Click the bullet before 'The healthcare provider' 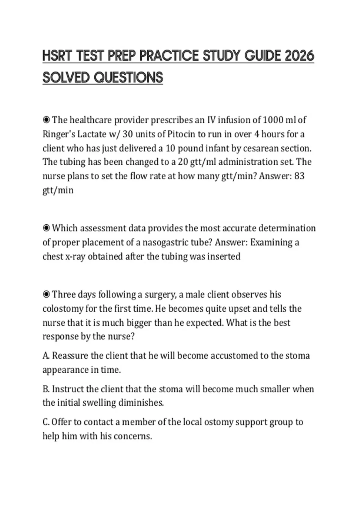(46, 120)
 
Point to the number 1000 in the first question (273, 120)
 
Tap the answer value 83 (299, 176)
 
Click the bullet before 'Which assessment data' (46, 228)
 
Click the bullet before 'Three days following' (46, 295)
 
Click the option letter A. (46, 356)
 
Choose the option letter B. (46, 389)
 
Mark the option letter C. (46, 422)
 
